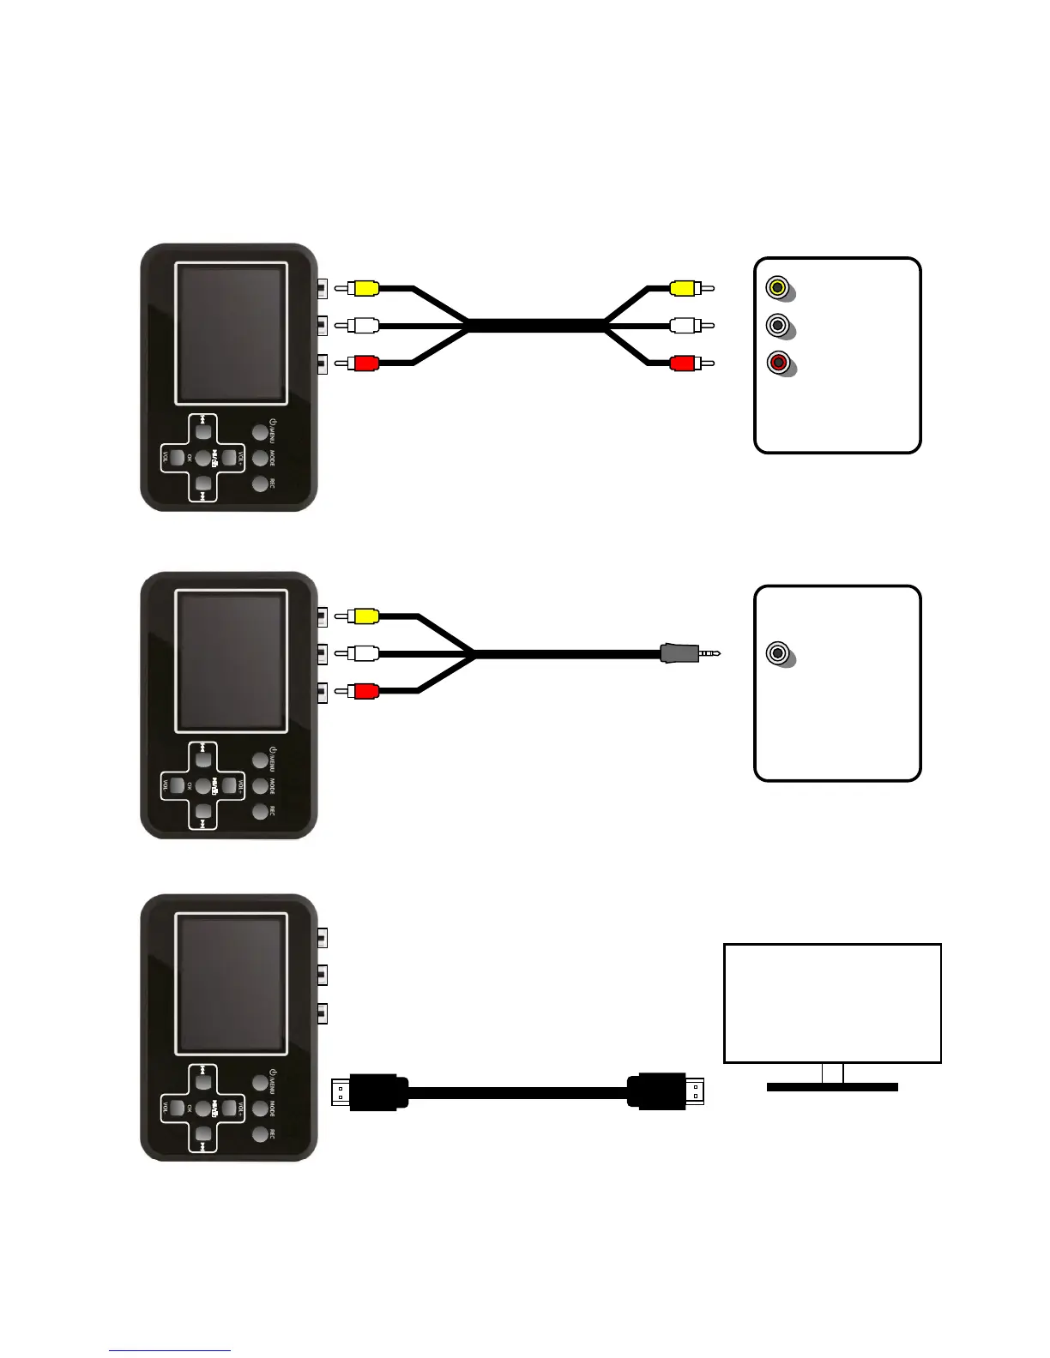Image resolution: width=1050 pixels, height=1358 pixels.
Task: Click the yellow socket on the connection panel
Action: (x=778, y=287)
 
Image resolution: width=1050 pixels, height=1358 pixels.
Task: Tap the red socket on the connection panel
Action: (x=778, y=363)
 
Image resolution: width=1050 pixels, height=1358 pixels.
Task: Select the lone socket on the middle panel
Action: (x=778, y=653)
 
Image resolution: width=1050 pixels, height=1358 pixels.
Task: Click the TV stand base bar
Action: (x=831, y=1086)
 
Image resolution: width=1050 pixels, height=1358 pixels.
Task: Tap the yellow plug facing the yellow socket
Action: (x=685, y=288)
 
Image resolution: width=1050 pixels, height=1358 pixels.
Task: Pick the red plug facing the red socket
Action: (x=685, y=364)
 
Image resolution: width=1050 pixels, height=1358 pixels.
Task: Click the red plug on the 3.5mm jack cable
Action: (x=365, y=691)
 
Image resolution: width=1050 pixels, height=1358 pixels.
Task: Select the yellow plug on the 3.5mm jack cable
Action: (x=365, y=616)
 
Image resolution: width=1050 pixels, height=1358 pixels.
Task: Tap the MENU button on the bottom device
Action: (x=260, y=1083)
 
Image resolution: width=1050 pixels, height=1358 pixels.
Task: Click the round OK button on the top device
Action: (x=202, y=457)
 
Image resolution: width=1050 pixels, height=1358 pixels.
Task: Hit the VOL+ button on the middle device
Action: (x=229, y=784)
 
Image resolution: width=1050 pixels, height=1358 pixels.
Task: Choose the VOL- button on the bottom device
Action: (x=176, y=1109)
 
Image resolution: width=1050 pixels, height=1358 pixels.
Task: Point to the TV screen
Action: (x=832, y=1003)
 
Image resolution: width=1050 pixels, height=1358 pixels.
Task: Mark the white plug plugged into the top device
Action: (x=365, y=326)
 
